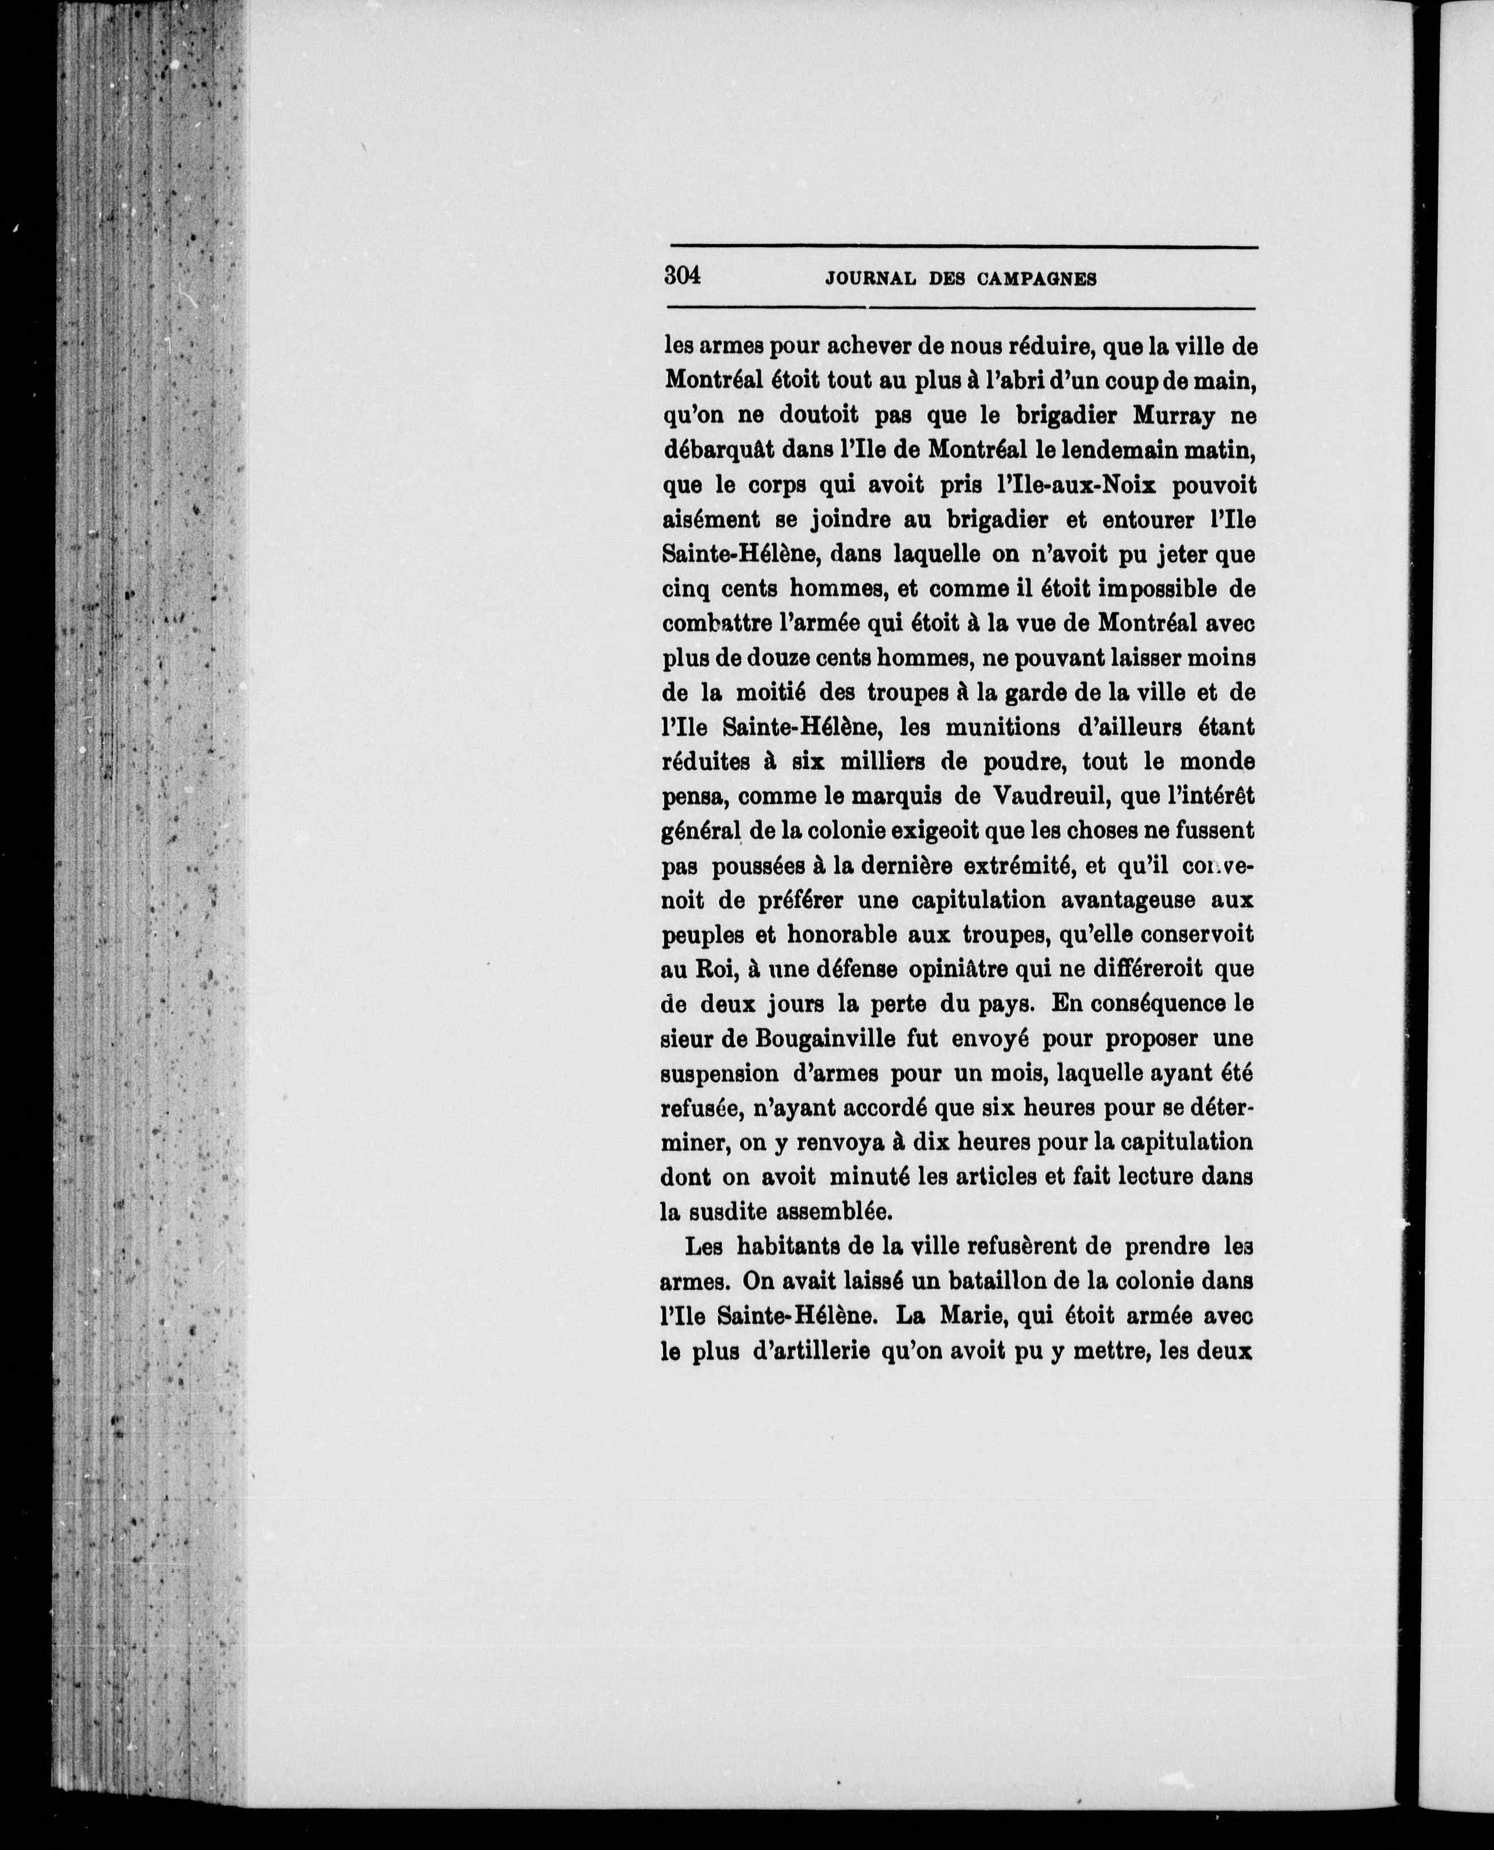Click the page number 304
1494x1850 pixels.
click(x=683, y=277)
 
